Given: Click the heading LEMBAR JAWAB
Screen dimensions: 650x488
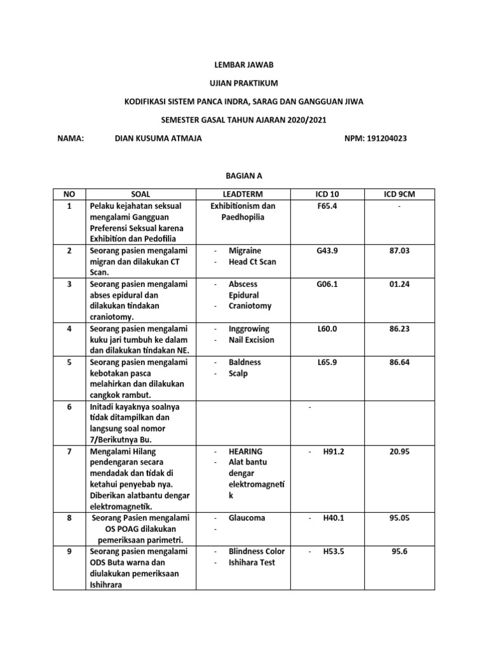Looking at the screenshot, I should pyautogui.click(x=244, y=65).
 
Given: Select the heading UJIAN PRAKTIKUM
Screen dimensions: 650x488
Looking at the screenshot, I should pyautogui.click(x=244, y=83).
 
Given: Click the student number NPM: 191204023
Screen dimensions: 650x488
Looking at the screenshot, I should pyautogui.click(x=375, y=138).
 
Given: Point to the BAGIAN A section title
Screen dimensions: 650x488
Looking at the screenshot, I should pyautogui.click(x=244, y=175).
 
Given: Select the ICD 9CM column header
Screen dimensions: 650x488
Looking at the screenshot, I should pyautogui.click(x=400, y=194).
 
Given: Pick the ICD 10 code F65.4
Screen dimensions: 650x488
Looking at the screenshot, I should pyautogui.click(x=327, y=206).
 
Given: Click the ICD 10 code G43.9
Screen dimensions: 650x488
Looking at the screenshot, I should pyautogui.click(x=327, y=251).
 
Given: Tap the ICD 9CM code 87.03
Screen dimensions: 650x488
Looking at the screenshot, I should pyautogui.click(x=400, y=251).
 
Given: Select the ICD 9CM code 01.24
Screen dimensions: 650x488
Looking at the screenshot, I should pyautogui.click(x=400, y=284).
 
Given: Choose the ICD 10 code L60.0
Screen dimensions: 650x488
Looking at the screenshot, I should pyautogui.click(x=327, y=329).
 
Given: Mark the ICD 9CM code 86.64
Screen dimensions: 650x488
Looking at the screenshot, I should pyautogui.click(x=400, y=362).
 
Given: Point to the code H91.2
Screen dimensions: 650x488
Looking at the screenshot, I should pyautogui.click(x=334, y=451).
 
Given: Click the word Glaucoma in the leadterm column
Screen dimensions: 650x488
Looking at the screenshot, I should pyautogui.click(x=247, y=518).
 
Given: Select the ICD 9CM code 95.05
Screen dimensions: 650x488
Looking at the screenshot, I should pyautogui.click(x=400, y=518).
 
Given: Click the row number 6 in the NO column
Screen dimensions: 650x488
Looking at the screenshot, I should pyautogui.click(x=68, y=406).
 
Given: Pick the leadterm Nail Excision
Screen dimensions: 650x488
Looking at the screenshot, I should pyautogui.click(x=252, y=340).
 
